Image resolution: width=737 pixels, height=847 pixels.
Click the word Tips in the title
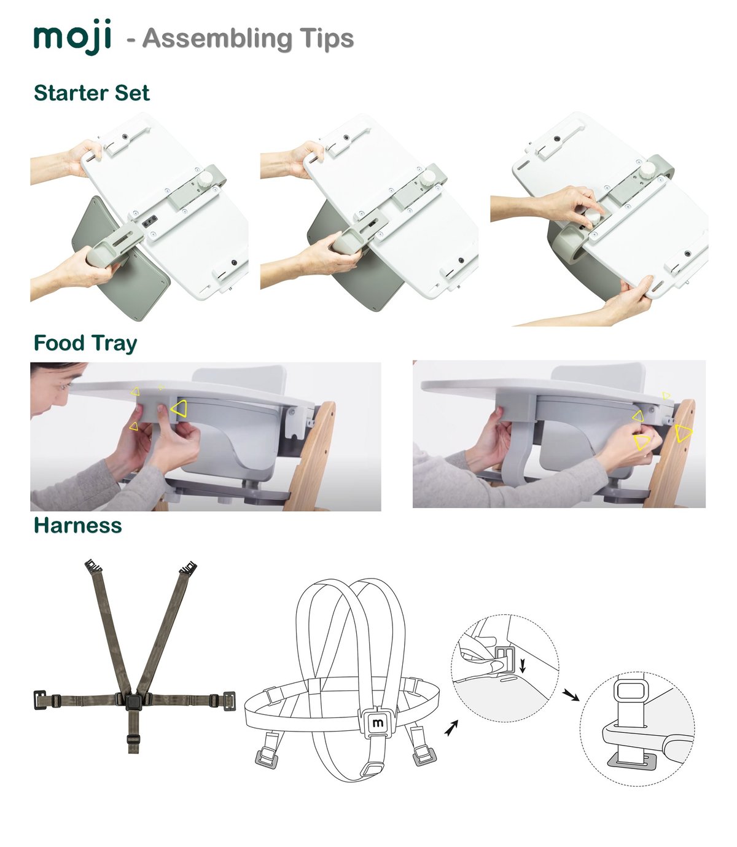pyautogui.click(x=327, y=38)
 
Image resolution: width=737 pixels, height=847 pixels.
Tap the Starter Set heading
pyautogui.click(x=92, y=93)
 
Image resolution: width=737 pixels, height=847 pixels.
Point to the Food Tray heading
pyautogui.click(x=85, y=343)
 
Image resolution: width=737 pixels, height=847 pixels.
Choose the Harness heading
pyautogui.click(x=78, y=525)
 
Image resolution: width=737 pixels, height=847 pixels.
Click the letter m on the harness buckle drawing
pyautogui.click(x=378, y=723)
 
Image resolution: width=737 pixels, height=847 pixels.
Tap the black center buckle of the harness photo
pyautogui.click(x=133, y=701)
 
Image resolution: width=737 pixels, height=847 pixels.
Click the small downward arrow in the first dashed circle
pyautogui.click(x=523, y=665)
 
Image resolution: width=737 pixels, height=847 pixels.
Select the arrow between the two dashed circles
pyautogui.click(x=571, y=695)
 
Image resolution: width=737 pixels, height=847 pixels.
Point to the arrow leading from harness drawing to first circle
pyautogui.click(x=451, y=728)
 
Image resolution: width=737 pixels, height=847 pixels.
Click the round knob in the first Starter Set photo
pyautogui.click(x=205, y=179)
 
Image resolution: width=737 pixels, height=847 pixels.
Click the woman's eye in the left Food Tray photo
pyautogui.click(x=63, y=386)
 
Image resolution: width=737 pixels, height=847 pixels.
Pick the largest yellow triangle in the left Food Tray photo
pyautogui.click(x=179, y=408)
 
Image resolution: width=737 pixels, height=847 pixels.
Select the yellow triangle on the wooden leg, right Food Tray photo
pyautogui.click(x=682, y=433)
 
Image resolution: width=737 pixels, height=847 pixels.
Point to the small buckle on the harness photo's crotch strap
pyautogui.click(x=133, y=740)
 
